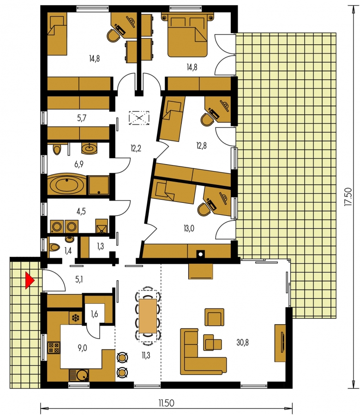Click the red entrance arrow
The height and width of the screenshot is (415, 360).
click(x=30, y=280)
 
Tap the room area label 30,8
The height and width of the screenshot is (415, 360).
click(x=242, y=343)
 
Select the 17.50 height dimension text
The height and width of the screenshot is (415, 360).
click(x=348, y=196)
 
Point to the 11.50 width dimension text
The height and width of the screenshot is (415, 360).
click(x=166, y=403)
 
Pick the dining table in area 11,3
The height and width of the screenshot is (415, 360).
click(x=148, y=316)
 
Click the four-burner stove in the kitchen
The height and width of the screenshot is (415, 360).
click(x=54, y=348)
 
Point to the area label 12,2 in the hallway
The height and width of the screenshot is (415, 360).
click(x=136, y=148)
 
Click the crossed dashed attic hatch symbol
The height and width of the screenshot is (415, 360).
click(x=139, y=118)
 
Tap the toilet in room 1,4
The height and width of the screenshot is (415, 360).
click(x=54, y=248)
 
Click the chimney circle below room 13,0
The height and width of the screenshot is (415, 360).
click(x=201, y=255)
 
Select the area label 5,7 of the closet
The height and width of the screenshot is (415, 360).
click(x=82, y=118)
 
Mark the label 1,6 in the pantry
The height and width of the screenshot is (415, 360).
click(x=94, y=314)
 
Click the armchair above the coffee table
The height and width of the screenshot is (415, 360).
click(x=214, y=317)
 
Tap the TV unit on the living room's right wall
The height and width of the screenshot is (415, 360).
click(x=280, y=343)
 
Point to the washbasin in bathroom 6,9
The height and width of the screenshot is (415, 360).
click(x=90, y=148)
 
